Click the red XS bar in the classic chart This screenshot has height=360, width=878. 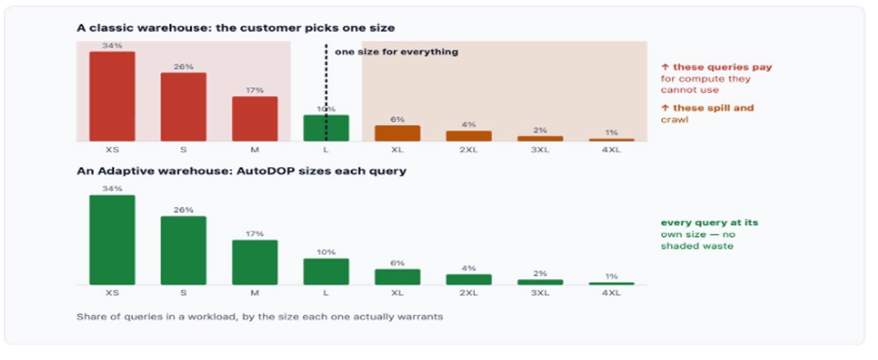pyautogui.click(x=112, y=96)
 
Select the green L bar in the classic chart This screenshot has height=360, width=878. pyautogui.click(x=326, y=128)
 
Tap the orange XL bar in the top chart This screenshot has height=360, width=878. pyautogui.click(x=397, y=133)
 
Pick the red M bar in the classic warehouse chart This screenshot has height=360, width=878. pyautogui.click(x=255, y=119)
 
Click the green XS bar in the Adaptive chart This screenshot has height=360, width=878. pyautogui.click(x=112, y=240)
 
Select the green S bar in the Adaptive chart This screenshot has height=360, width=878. pyautogui.click(x=184, y=250)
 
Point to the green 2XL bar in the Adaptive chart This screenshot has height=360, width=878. pyautogui.click(x=469, y=279)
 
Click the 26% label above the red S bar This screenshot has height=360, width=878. pyautogui.click(x=184, y=66)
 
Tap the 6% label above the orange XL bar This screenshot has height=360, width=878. pyautogui.click(x=397, y=119)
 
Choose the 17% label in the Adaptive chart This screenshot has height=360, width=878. pyautogui.click(x=255, y=234)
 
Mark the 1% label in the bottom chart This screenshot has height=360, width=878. pyautogui.click(x=611, y=276)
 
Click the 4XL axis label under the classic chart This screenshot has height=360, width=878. pyautogui.click(x=611, y=150)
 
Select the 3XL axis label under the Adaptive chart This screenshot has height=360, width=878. pyautogui.click(x=540, y=293)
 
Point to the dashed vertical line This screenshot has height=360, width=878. pyautogui.click(x=326, y=92)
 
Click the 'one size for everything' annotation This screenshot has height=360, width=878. pyautogui.click(x=396, y=52)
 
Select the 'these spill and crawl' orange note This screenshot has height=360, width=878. pyautogui.click(x=707, y=114)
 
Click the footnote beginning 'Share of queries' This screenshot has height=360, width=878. pyautogui.click(x=260, y=317)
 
